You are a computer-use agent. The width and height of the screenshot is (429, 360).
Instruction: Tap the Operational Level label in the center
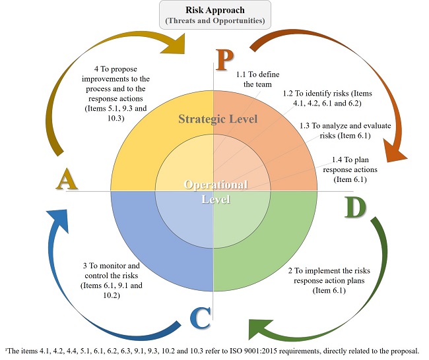point(215,191)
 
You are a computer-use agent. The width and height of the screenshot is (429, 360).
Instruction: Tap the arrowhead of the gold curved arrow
point(172,44)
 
